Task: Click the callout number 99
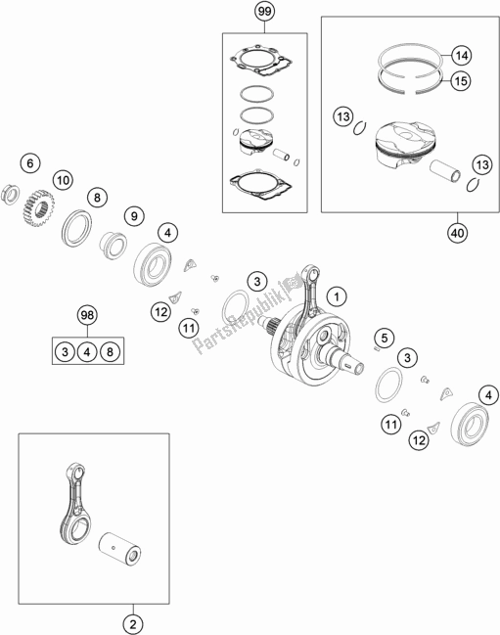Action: coord(264,12)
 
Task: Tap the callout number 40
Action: coord(458,233)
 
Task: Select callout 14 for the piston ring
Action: coord(461,55)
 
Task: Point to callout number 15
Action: coord(461,81)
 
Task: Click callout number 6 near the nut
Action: coord(30,163)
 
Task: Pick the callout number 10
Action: coord(64,180)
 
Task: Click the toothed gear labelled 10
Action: coord(37,209)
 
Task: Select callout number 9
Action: coord(134,216)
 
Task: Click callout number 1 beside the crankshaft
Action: coord(337,296)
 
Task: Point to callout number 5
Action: coord(385,338)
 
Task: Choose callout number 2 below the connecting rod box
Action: coord(134,624)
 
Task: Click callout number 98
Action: coord(87,315)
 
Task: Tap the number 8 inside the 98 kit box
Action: coord(110,351)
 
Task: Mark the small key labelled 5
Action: coord(376,348)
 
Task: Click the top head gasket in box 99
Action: coord(260,61)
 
